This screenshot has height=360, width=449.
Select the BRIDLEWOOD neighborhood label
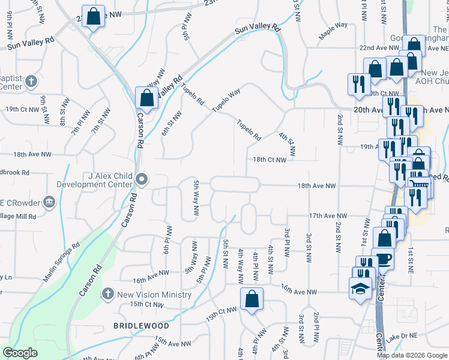pos(142,326)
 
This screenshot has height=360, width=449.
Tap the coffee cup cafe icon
pos(383,259)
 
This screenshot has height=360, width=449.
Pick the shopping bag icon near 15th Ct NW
pos(252,299)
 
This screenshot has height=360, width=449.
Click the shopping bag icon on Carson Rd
pos(146,97)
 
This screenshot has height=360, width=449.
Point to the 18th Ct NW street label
pos(274,160)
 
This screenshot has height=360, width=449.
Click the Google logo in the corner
pos(20,353)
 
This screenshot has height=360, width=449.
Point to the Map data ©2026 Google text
pos(412,355)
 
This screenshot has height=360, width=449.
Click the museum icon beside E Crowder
pos(50,201)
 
